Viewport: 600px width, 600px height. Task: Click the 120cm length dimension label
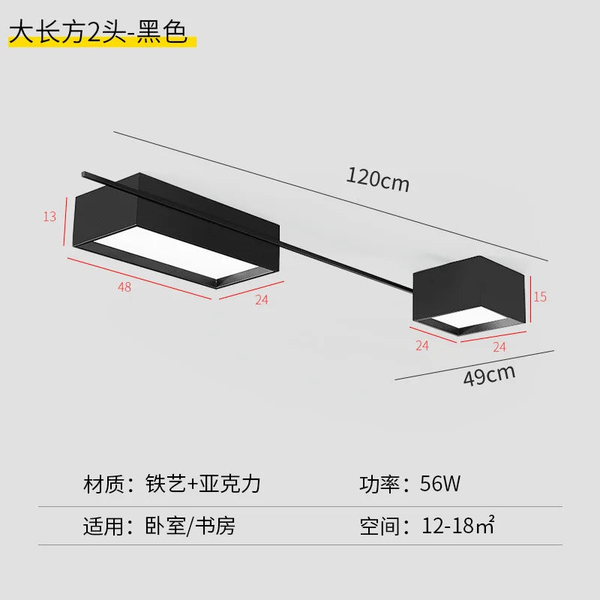click(x=378, y=179)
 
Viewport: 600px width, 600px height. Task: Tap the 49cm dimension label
click(x=490, y=376)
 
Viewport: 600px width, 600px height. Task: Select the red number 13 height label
click(x=49, y=217)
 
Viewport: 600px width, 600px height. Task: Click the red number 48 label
click(x=124, y=287)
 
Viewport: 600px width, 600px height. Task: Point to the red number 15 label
click(x=540, y=296)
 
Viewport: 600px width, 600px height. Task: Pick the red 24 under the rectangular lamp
click(x=262, y=299)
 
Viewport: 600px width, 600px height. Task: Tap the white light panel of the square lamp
click(x=471, y=316)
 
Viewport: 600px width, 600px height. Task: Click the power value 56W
click(x=440, y=483)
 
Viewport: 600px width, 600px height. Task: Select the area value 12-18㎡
click(x=458, y=525)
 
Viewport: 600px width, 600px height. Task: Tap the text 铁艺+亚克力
click(x=203, y=484)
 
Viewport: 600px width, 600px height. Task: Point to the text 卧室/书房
click(x=190, y=526)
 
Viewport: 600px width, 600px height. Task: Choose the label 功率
click(x=379, y=484)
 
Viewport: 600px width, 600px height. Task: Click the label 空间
click(x=379, y=526)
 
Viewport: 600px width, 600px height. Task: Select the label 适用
click(x=103, y=526)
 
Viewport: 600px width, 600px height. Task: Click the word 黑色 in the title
click(x=162, y=31)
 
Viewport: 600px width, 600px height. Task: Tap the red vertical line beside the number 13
click(x=64, y=221)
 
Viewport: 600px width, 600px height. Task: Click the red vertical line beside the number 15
click(x=531, y=299)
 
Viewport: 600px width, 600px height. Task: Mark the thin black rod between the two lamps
click(x=347, y=267)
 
